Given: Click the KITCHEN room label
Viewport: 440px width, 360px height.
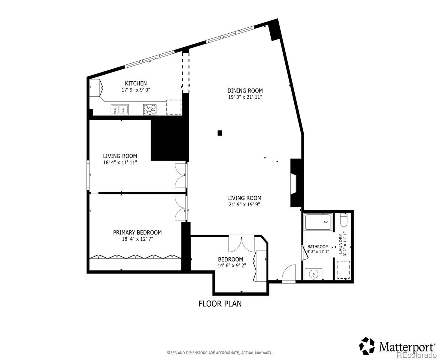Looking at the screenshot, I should pos(136,83).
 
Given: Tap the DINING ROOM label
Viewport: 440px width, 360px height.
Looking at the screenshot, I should pos(245,91).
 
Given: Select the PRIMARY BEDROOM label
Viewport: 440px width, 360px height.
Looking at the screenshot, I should pos(137,232).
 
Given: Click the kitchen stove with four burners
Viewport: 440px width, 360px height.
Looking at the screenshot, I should pos(150,109).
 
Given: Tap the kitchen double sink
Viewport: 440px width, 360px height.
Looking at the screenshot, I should pos(119,109).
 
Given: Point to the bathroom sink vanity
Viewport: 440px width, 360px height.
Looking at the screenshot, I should pos(313,274).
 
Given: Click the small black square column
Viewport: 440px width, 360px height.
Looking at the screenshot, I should pos(220,133).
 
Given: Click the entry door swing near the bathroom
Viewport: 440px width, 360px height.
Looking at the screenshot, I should pos(289,274).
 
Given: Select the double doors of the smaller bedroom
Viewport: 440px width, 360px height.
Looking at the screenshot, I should pos(241,244).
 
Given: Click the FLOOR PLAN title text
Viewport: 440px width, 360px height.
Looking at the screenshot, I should pos(220,304).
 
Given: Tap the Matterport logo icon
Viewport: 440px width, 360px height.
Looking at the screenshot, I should pos(367,346).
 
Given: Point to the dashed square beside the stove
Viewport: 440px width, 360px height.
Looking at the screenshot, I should pos(174,107).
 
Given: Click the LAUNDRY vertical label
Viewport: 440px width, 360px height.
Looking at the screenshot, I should pos(340,244).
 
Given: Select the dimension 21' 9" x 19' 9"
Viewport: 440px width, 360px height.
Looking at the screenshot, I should pos(244,205).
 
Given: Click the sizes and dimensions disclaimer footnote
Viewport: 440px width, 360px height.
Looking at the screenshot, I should pos(219,353).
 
